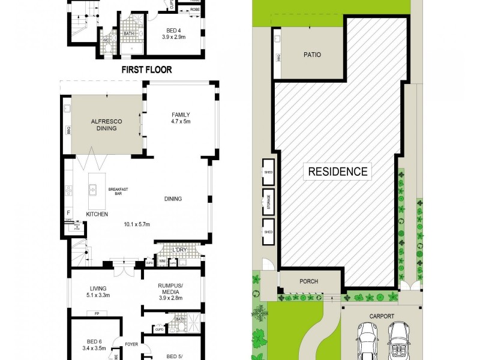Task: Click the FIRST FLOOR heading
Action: [146, 70]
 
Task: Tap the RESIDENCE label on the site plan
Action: [337, 172]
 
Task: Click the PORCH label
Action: [308, 281]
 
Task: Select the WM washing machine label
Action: [162, 261]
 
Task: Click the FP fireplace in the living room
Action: [96, 313]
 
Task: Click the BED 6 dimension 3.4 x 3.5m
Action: [92, 346]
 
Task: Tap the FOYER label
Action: [131, 344]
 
